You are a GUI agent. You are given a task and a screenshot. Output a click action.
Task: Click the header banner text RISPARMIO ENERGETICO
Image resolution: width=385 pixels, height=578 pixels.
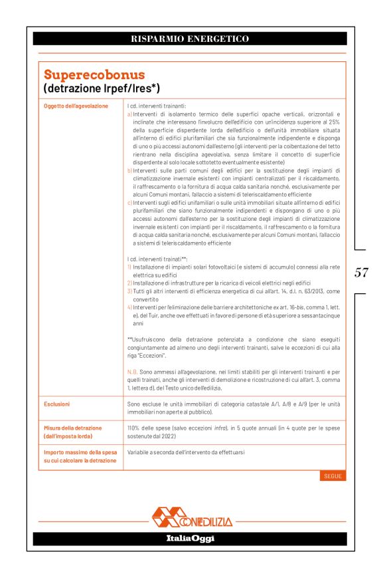(x=190, y=39)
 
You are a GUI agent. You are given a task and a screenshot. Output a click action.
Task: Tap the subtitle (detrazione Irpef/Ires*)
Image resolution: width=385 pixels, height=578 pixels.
(x=102, y=88)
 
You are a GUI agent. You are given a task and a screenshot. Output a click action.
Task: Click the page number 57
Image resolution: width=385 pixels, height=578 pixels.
(x=362, y=272)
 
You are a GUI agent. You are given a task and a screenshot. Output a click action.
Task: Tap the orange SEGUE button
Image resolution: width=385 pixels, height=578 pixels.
(x=333, y=476)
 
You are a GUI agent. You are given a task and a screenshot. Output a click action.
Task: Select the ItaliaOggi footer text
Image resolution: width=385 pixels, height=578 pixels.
(x=190, y=538)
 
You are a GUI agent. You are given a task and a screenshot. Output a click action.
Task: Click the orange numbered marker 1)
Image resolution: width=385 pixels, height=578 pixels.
(x=129, y=267)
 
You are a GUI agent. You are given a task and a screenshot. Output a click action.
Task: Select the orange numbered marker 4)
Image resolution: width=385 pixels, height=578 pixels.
(x=129, y=307)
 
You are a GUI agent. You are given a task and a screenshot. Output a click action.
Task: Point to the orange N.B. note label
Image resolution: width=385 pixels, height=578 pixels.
(x=132, y=372)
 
